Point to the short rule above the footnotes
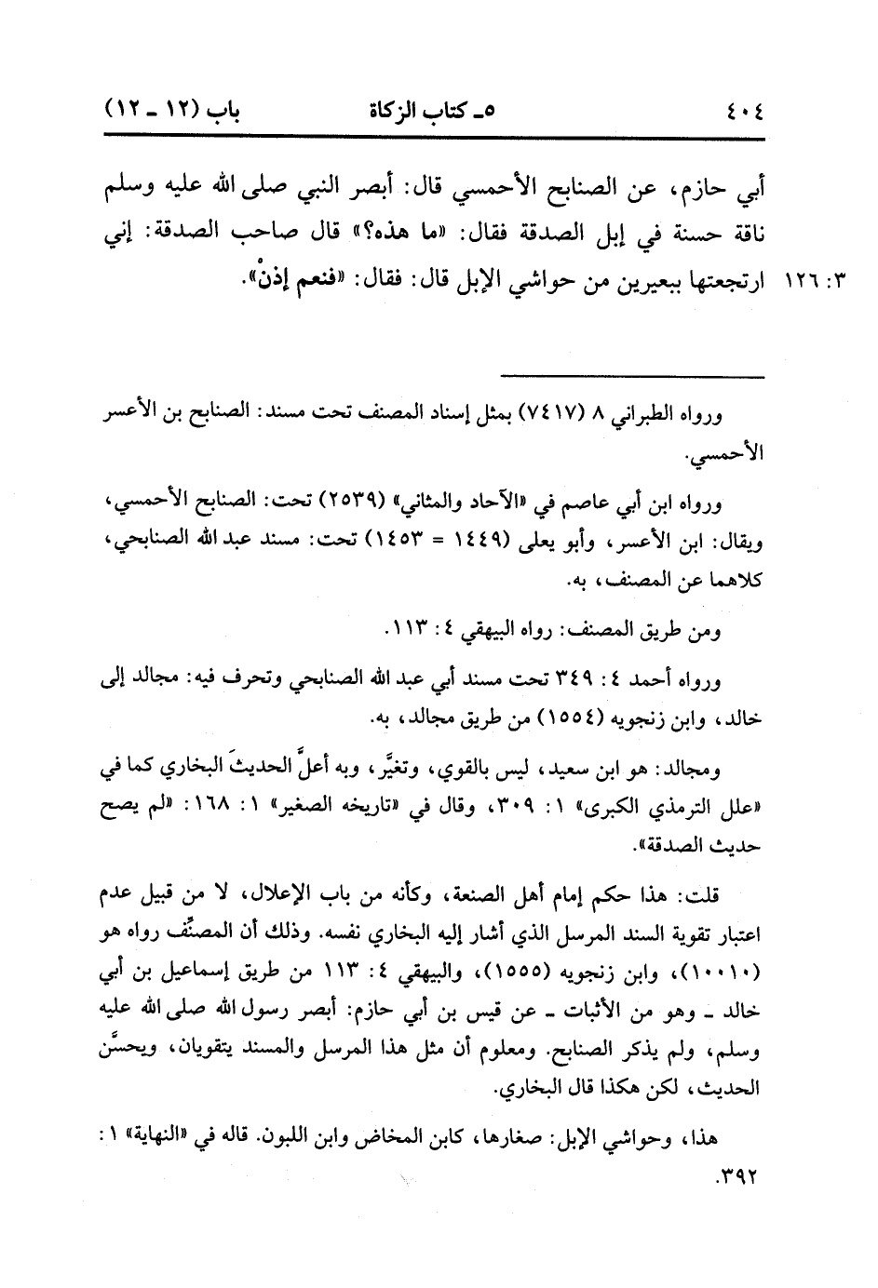coord(632,376)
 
